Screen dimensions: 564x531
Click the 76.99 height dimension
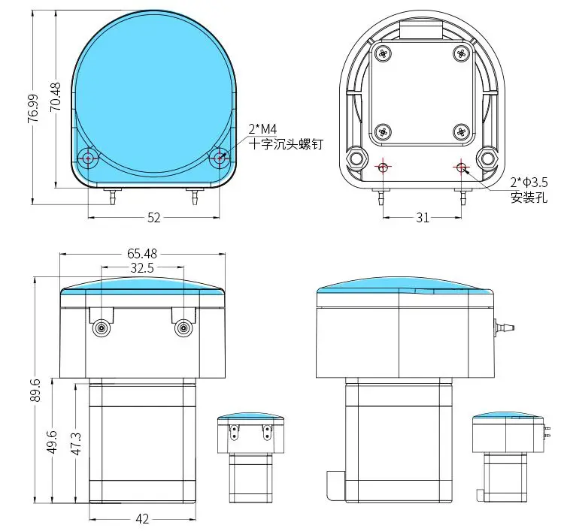33,108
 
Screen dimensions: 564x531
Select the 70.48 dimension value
56,97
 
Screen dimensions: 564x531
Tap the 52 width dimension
154,218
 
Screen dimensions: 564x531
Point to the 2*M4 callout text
262,128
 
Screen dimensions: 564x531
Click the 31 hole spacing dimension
423,218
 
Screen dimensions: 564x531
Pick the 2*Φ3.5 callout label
529,183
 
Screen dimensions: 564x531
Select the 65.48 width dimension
142,254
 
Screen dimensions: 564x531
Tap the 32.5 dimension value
142,268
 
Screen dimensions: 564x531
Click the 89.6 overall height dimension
36,390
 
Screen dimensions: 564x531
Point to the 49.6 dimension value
53,442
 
